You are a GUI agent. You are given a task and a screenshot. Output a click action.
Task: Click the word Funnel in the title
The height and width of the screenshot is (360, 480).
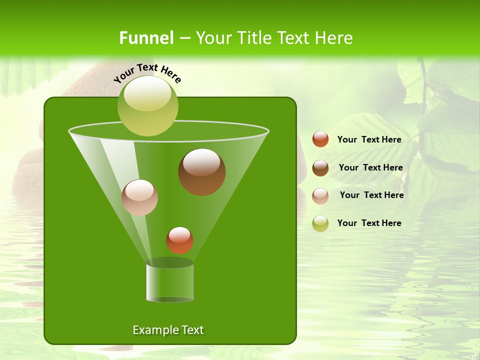tap(146, 38)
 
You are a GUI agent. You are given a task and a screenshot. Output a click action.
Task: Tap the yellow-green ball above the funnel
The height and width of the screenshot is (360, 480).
tap(148, 105)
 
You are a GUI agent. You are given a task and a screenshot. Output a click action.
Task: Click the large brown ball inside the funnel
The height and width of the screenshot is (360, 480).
tap(201, 171)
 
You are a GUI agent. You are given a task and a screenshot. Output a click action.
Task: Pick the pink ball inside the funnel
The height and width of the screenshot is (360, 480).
tap(139, 197)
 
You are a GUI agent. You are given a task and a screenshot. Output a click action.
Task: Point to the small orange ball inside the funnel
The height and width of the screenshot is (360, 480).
tap(179, 240)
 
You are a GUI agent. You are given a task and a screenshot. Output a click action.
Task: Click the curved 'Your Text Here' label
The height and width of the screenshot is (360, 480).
tap(147, 73)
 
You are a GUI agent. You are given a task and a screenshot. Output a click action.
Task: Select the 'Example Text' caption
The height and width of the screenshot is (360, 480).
tap(168, 330)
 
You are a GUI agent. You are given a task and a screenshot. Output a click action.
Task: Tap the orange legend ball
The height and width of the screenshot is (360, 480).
tap(320, 139)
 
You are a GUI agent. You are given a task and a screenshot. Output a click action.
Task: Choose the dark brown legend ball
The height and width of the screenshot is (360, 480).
tap(320, 168)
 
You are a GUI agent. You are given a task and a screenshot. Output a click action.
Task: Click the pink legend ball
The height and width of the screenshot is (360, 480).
tap(320, 195)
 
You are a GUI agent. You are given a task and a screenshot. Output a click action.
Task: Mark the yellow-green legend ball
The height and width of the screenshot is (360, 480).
tap(320, 223)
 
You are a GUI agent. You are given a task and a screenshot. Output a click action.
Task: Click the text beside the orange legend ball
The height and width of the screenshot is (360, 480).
tap(369, 139)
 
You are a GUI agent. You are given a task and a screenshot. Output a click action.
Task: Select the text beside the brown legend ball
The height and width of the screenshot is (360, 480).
tap(370, 167)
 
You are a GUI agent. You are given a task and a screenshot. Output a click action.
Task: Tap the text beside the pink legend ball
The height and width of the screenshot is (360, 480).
tap(371, 195)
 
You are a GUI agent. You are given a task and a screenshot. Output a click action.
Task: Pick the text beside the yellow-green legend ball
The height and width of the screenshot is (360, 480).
tap(369, 223)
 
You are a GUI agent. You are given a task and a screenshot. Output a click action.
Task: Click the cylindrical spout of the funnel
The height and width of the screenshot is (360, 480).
tap(169, 282)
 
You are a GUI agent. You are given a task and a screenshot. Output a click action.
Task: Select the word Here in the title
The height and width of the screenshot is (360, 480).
tap(333, 38)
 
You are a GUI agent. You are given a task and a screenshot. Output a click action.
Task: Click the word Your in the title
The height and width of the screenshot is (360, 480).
tap(213, 38)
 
